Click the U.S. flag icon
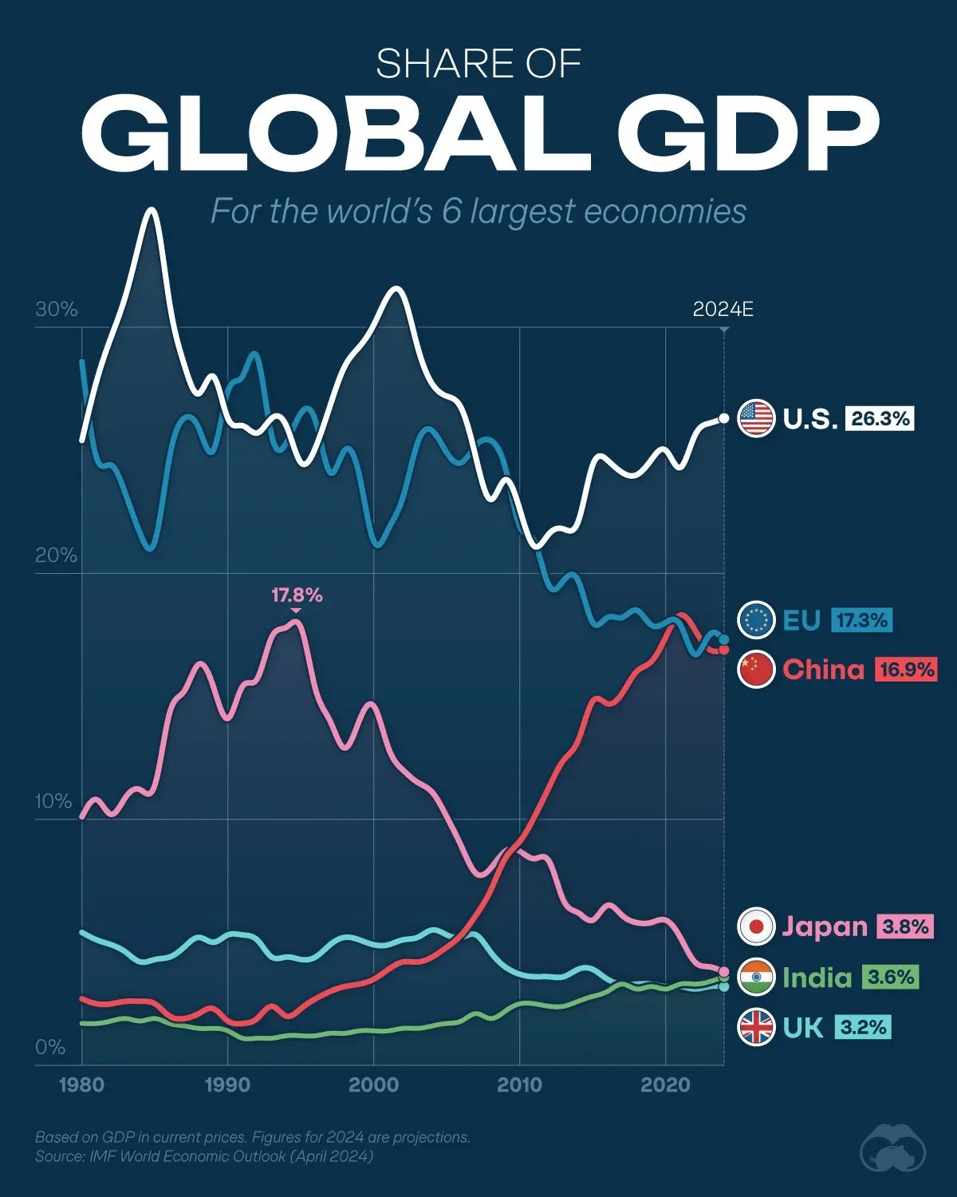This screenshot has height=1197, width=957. click(x=756, y=419)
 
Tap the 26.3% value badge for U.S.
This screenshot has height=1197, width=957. click(x=880, y=419)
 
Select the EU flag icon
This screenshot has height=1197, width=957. click(x=756, y=620)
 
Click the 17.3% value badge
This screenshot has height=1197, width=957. click(x=862, y=620)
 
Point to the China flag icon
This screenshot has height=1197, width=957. click(x=756, y=669)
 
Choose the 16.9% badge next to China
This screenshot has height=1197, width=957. click(x=906, y=669)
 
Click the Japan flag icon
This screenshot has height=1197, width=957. click(x=756, y=926)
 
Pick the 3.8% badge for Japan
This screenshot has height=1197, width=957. click(x=905, y=926)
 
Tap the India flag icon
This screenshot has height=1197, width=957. click(x=756, y=978)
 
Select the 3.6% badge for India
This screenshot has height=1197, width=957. click(x=890, y=978)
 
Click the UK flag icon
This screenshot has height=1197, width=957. click(x=756, y=1027)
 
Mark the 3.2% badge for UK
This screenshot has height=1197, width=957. click(x=863, y=1027)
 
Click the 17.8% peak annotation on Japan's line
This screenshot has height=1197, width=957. click(x=297, y=595)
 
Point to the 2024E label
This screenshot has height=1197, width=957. click(x=723, y=310)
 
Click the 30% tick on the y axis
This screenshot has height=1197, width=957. click(x=56, y=310)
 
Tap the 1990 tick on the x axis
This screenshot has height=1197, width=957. click(x=228, y=1085)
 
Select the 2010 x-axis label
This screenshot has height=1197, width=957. click(x=519, y=1085)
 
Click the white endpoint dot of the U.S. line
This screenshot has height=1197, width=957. click(x=723, y=418)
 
